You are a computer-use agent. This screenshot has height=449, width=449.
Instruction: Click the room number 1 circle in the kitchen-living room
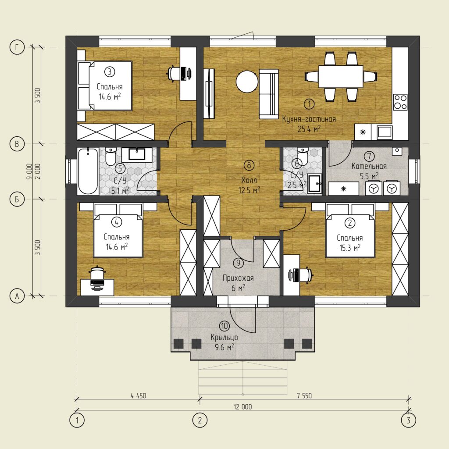pos(309,104)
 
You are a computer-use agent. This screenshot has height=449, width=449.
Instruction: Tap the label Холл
pos(249,180)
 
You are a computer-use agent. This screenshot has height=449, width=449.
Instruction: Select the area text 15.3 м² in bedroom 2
pos(350,248)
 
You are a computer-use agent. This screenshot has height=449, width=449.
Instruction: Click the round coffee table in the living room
pos(247,82)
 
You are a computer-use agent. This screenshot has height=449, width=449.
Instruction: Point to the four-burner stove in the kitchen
pos(400,102)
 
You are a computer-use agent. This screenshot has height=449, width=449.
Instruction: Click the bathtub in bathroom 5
pos(88,171)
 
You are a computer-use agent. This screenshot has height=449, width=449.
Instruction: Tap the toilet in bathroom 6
pos(302,157)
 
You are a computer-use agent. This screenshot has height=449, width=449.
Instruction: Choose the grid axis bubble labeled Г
pos(17,47)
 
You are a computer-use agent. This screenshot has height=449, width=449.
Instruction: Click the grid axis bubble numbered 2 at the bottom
pos(200,420)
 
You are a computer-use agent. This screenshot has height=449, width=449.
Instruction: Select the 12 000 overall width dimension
pos(243,406)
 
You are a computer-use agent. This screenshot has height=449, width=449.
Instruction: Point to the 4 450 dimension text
pos(138,396)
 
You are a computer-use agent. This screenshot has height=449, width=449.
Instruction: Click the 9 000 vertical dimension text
pos(29,172)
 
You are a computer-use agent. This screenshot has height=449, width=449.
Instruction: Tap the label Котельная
pos(369,166)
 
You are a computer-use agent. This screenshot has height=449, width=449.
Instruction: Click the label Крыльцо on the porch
pos(224,337)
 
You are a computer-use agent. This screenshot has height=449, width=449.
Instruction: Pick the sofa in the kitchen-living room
pos(269,94)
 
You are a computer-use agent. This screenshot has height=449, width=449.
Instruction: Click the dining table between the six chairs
pos(341,76)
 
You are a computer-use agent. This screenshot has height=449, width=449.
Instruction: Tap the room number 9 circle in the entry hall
pos(238,263)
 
